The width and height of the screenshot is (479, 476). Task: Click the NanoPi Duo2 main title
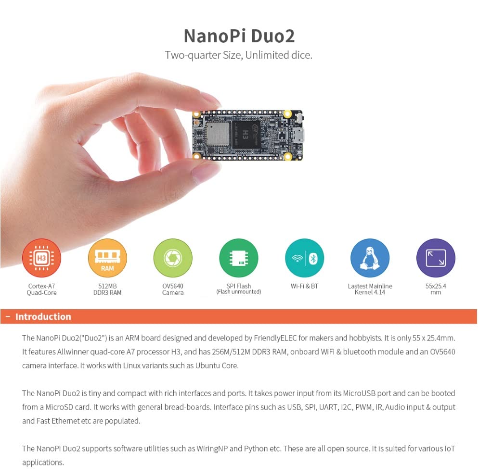tap(239, 36)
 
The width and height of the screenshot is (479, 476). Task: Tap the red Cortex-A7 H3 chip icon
tap(42, 258)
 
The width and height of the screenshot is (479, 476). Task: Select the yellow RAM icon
tap(107, 258)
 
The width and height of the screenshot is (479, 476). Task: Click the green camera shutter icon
tap(173, 258)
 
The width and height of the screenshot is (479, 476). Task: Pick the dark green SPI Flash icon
tap(238, 258)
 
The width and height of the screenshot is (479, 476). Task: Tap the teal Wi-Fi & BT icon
tap(304, 258)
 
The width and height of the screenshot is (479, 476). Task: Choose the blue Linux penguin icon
tap(370, 258)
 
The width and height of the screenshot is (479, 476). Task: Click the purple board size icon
tap(435, 258)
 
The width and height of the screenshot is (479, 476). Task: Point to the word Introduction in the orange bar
tap(43, 317)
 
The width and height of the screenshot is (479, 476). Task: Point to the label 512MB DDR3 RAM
tap(107, 289)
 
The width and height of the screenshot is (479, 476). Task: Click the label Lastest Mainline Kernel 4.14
tap(370, 289)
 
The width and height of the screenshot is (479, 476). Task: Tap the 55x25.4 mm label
tap(435, 289)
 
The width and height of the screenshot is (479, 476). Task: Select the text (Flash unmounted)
tap(238, 292)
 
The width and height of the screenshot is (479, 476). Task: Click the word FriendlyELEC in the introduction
tap(276, 338)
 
